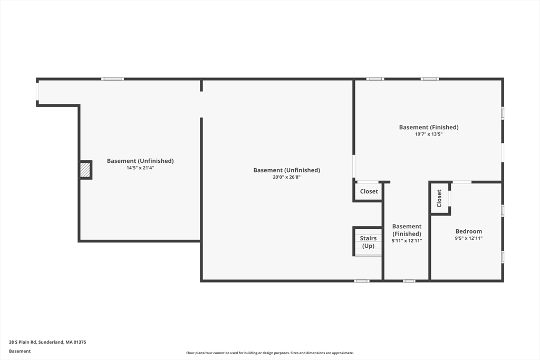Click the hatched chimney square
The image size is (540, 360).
pyautogui.click(x=85, y=170)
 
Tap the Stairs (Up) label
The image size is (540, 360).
pyautogui.click(x=368, y=242)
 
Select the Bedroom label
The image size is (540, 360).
pyautogui.click(x=468, y=231)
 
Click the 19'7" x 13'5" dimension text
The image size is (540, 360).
pyautogui.click(x=428, y=134)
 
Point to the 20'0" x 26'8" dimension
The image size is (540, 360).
pyautogui.click(x=286, y=177)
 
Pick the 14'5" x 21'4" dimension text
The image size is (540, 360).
pyautogui.click(x=140, y=168)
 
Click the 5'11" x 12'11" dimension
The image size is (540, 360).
pyautogui.click(x=407, y=241)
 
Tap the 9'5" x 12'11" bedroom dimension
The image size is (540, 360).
pyautogui.click(x=468, y=238)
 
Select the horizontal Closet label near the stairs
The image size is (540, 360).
pyautogui.click(x=369, y=191)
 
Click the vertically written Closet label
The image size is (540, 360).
pyautogui.click(x=439, y=198)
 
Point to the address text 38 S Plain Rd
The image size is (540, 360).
pyautogui.click(x=23, y=342)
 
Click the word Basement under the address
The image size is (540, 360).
pyautogui.click(x=20, y=351)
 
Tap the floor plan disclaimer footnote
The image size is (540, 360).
pyautogui.click(x=269, y=353)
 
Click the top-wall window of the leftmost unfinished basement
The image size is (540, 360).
pyautogui.click(x=113, y=79)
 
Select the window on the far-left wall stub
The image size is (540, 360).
pyautogui.click(x=37, y=92)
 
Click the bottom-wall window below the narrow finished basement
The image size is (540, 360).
pyautogui.click(x=409, y=281)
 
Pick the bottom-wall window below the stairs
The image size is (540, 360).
pyautogui.click(x=362, y=281)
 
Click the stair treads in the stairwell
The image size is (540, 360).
pyautogui.click(x=368, y=242)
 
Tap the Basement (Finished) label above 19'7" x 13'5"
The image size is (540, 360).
pyautogui.click(x=429, y=128)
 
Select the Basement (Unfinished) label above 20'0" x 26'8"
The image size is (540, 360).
pyautogui.click(x=286, y=170)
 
